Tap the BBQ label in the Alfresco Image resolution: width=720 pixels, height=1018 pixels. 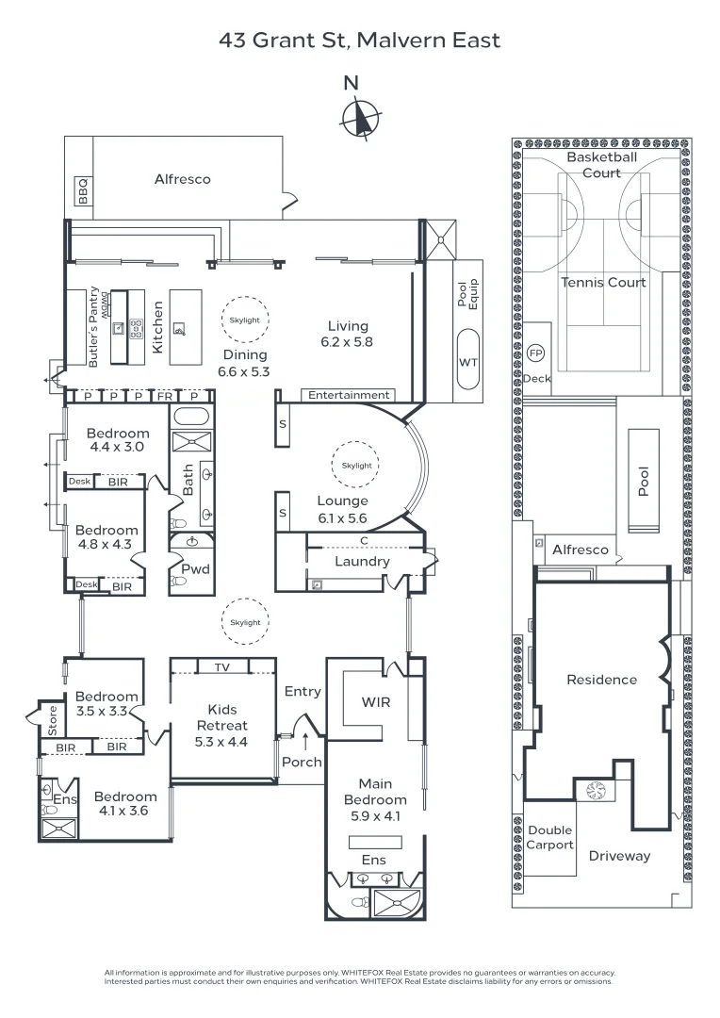click(x=83, y=192)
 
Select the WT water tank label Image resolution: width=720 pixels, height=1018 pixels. click(x=467, y=362)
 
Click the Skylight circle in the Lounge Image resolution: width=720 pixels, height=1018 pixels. click(x=357, y=466)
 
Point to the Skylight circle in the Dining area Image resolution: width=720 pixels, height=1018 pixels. click(x=244, y=320)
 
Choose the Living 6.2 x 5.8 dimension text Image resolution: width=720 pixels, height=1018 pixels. click(x=347, y=335)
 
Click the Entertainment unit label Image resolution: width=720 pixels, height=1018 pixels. click(x=348, y=395)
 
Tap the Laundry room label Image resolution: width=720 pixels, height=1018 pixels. click(x=362, y=562)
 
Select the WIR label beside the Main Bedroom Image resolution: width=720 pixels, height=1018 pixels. click(x=375, y=702)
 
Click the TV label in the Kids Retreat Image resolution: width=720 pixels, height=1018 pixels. click(x=221, y=667)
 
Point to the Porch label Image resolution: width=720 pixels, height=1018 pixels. click(x=302, y=762)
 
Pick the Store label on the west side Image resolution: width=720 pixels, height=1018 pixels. click(x=53, y=720)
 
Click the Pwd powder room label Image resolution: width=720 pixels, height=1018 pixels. click(x=195, y=569)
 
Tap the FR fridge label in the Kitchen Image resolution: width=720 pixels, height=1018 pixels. click(x=165, y=396)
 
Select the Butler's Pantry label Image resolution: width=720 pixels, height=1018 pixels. click(x=93, y=327)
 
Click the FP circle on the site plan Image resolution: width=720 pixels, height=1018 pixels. click(x=536, y=353)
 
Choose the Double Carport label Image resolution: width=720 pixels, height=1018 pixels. click(x=549, y=837)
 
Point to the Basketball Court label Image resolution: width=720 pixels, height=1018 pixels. click(x=601, y=165)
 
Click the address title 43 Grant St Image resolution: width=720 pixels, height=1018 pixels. click(x=359, y=40)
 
